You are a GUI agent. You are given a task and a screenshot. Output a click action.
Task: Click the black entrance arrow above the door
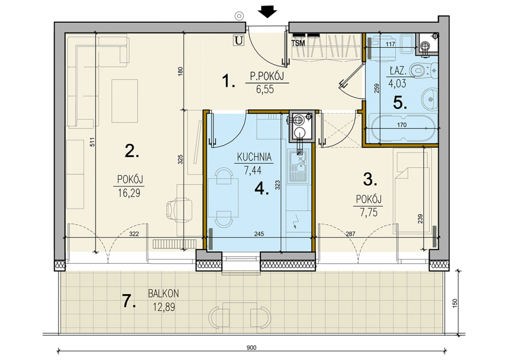(x=268, y=13)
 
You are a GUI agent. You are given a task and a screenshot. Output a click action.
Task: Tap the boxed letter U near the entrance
(x=239, y=41)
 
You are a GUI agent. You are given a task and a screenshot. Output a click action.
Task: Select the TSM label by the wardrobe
(x=298, y=43)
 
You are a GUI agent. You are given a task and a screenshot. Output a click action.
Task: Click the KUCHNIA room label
(x=255, y=157)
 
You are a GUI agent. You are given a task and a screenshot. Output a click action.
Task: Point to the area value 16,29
(x=129, y=193)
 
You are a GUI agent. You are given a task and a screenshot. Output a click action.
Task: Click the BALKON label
(x=164, y=294)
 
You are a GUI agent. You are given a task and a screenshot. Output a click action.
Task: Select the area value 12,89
(x=164, y=307)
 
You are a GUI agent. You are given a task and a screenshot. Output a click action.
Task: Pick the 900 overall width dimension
(x=251, y=348)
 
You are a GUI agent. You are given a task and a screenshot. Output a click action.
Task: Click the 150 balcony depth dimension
(x=455, y=303)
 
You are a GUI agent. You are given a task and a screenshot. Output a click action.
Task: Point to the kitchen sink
(x=298, y=166)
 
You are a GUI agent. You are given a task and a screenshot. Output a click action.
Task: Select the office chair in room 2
(x=179, y=209)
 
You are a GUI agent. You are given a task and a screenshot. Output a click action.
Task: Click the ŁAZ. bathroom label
(x=398, y=70)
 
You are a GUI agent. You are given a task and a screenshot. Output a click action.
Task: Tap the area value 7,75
(x=369, y=212)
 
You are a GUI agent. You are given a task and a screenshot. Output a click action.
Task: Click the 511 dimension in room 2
(x=92, y=142)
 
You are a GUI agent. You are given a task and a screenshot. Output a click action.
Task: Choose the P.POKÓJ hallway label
(x=267, y=76)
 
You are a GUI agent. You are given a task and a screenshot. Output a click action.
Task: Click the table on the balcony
(x=240, y=314)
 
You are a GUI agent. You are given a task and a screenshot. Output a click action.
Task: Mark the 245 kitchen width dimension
(x=259, y=233)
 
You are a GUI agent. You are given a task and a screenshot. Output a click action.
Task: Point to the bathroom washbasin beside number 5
(x=430, y=98)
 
